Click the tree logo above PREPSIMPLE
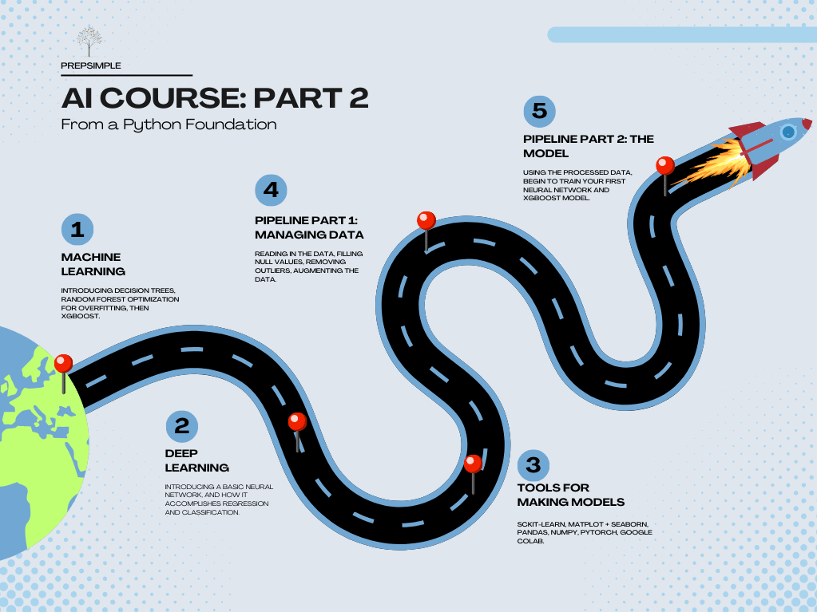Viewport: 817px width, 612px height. coord(89,41)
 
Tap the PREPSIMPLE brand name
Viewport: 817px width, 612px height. coord(91,65)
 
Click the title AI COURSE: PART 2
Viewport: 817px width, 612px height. coord(215,98)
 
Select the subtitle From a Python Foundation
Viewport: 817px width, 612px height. coord(169,125)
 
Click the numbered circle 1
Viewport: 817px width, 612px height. coord(77,230)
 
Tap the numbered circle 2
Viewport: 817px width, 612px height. coord(182,426)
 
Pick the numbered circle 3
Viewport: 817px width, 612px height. coord(533,465)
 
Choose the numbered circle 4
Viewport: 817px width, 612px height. coord(271,190)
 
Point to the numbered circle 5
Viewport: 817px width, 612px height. coord(539,111)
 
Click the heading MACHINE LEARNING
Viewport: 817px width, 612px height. coord(93,264)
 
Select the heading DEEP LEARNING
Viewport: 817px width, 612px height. coord(197,460)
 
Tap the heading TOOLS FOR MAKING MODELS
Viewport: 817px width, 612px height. coord(570,495)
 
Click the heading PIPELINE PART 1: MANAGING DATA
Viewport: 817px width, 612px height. coord(309,227)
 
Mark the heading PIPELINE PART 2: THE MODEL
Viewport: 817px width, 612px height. coord(589,146)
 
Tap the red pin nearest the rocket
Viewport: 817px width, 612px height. coord(664,176)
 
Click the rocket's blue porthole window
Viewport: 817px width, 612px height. coord(788,132)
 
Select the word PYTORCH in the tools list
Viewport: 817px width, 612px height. coord(599,532)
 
